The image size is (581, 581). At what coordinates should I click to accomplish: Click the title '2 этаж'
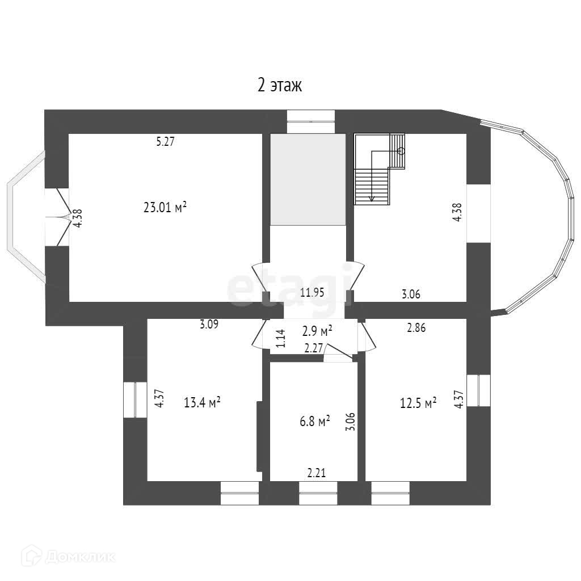280,85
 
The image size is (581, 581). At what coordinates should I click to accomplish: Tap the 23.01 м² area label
165,207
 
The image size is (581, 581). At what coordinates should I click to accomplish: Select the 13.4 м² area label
203,402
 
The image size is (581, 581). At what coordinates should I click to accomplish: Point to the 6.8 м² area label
315,422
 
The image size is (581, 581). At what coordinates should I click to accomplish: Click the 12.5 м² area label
418,402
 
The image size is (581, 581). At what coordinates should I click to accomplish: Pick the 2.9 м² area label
317,331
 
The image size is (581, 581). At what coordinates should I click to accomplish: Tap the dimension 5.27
165,141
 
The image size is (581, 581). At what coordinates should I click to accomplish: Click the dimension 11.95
312,292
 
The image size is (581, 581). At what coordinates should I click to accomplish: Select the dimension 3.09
209,324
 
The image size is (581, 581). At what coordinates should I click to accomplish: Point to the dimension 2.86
416,327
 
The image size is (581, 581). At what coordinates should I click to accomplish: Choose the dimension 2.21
317,473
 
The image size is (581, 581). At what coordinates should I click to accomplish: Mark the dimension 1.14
281,338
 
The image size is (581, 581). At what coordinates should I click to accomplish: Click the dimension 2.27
313,348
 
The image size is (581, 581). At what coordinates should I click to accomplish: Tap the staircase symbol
380,169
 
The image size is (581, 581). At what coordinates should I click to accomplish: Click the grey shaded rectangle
308,179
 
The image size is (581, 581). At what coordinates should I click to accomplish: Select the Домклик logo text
81,556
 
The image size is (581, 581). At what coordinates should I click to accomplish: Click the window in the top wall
311,121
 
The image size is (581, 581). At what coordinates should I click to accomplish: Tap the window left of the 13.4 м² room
135,400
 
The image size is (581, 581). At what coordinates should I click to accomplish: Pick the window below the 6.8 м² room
318,493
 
